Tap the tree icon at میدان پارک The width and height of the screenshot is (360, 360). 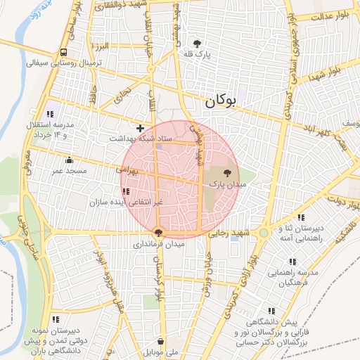point(226,172)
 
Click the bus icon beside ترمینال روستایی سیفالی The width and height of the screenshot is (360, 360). point(64,52)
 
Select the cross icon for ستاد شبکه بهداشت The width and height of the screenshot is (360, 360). point(141,128)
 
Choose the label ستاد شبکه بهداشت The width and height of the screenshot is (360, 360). point(140,139)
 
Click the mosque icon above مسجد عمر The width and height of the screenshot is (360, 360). point(68,160)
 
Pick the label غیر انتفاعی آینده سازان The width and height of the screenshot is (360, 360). point(126,202)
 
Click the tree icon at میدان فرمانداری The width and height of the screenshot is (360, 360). point(159,233)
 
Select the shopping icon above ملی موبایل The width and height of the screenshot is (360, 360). point(162,341)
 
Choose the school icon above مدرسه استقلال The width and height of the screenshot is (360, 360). point(51,113)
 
